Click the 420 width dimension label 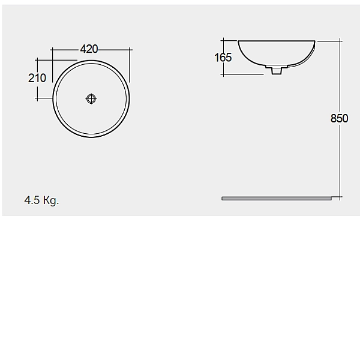89,49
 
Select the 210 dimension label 37,78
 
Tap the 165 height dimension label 223,58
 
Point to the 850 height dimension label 339,118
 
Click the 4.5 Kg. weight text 41,200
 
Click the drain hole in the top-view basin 91,99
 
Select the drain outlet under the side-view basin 276,71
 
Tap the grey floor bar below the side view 276,198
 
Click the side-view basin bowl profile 276,54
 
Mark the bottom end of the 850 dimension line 340,197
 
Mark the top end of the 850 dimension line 340,41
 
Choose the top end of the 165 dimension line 223,41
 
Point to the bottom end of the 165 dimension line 223,75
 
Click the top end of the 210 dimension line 37,60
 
